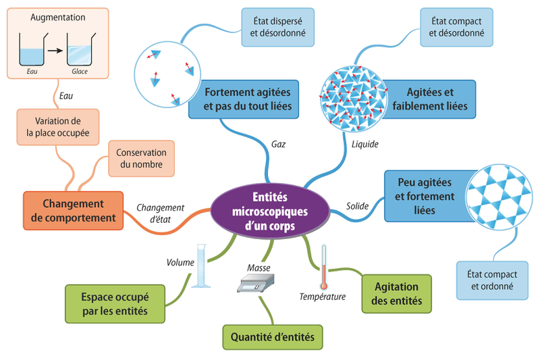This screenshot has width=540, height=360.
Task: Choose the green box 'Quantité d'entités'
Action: pos(272,336)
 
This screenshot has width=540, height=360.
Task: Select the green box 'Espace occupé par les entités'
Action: pos(115,303)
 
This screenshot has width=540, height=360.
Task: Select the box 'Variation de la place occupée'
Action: pos(57,126)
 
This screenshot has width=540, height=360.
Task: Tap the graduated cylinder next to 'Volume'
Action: pos(200,266)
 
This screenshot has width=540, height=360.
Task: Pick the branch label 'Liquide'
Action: pos(365,143)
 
